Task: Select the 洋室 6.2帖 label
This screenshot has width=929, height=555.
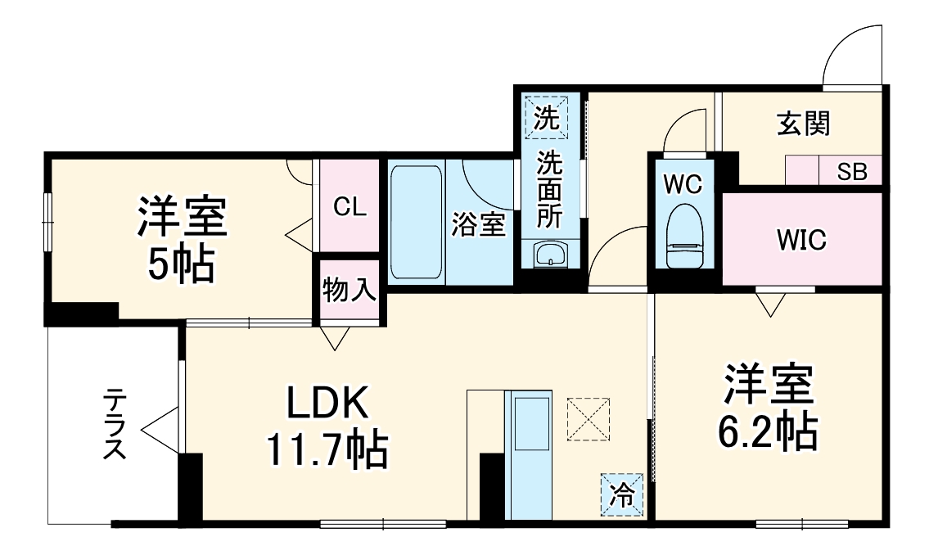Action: pyautogui.click(x=767, y=408)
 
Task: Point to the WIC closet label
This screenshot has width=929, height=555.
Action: pyautogui.click(x=801, y=241)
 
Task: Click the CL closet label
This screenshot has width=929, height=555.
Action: pyautogui.click(x=350, y=207)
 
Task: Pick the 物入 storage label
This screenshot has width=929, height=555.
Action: pyautogui.click(x=350, y=291)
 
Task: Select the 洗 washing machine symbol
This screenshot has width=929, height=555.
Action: pyautogui.click(x=547, y=118)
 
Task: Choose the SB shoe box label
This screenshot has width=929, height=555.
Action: pyautogui.click(x=852, y=173)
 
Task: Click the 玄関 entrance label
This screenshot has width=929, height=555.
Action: pyautogui.click(x=803, y=124)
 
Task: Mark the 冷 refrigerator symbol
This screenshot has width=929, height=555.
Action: pyautogui.click(x=622, y=495)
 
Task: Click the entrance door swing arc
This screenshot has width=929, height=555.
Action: pyautogui.click(x=851, y=53)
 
